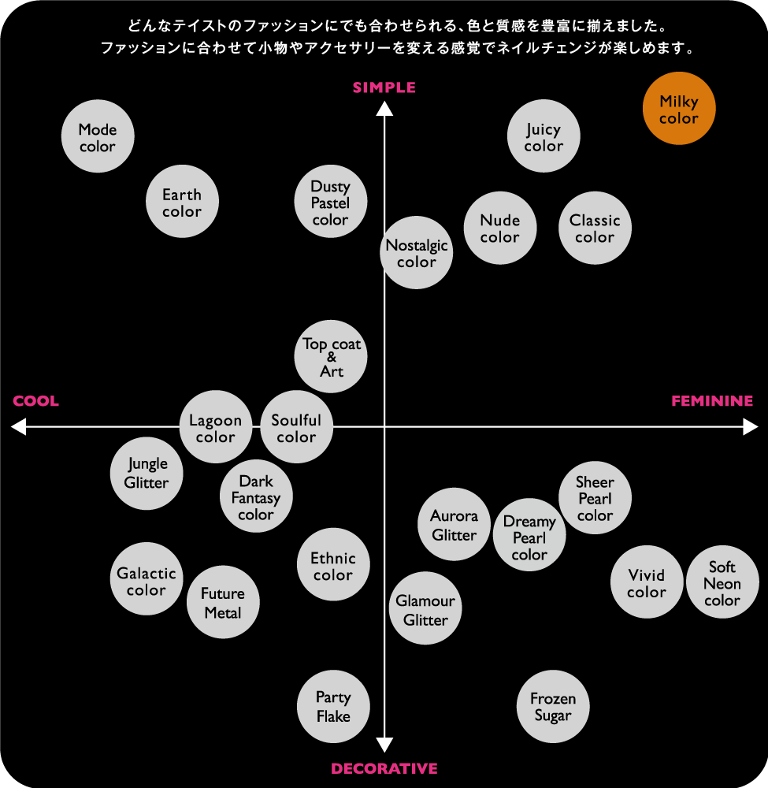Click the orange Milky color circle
click(x=679, y=109)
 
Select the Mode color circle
click(x=98, y=136)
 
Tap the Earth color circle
click(x=182, y=202)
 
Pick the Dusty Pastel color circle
click(x=331, y=202)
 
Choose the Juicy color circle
click(x=544, y=136)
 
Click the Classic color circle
click(x=595, y=229)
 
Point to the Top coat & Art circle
click(x=331, y=357)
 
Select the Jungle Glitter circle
click(x=147, y=474)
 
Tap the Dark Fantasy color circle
click(x=256, y=496)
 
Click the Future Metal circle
click(x=223, y=602)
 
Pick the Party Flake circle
click(x=333, y=707)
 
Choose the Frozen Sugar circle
click(x=553, y=707)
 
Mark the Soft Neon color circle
click(x=722, y=582)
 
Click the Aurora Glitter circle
click(x=454, y=524)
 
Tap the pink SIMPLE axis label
click(x=384, y=88)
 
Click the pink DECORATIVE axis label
click(x=384, y=769)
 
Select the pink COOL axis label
click(x=35, y=401)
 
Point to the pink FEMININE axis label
click(x=712, y=401)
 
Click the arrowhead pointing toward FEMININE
click(x=751, y=427)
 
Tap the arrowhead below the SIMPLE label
click(x=384, y=109)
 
